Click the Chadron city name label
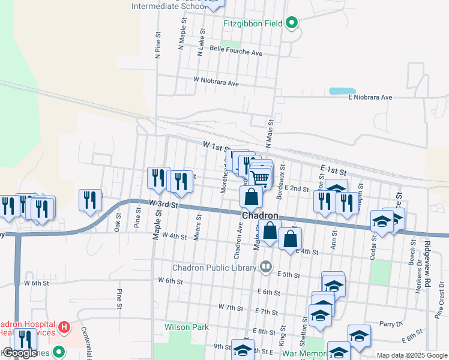pyautogui.click(x=260, y=215)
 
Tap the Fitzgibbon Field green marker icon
pyautogui.click(x=292, y=24)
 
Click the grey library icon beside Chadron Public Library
pyautogui.click(x=265, y=266)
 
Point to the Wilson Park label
pyautogui.click(x=187, y=327)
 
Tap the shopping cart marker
pyautogui.click(x=260, y=178)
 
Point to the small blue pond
pyautogui.click(x=342, y=91)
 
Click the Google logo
pyautogui.click(x=20, y=353)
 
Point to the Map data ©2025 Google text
pyautogui.click(x=411, y=355)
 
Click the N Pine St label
pyautogui.click(x=158, y=46)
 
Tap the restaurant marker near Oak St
pyautogui.click(x=90, y=200)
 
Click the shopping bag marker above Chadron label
pyautogui.click(x=251, y=196)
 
